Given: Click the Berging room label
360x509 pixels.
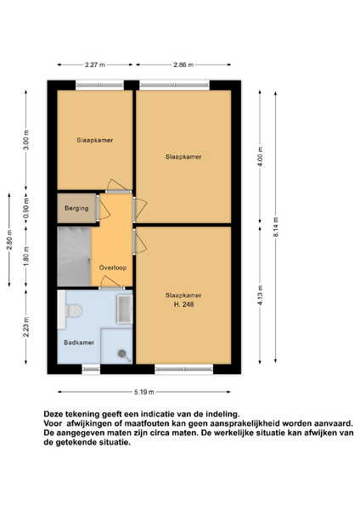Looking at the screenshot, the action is (x=76, y=208).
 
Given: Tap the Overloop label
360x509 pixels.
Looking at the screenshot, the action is (x=113, y=268).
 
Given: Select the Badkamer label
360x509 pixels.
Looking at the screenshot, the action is (x=79, y=343).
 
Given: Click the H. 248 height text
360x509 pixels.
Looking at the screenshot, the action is (x=184, y=305).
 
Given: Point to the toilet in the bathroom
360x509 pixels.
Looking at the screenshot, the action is (x=73, y=311).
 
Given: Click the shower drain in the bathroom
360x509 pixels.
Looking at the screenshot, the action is (x=122, y=353).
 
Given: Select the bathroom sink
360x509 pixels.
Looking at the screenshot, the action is (x=124, y=310).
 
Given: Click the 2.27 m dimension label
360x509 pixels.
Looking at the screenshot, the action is (x=95, y=64).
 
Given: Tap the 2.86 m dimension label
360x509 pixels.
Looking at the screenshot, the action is (x=183, y=64).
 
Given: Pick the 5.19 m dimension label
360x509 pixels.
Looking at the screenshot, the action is (x=144, y=392).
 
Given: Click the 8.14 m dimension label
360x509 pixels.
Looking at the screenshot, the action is (x=276, y=227).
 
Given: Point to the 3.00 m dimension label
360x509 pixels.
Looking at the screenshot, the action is (x=26, y=140).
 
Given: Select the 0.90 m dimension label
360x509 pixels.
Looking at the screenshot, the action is (x=26, y=208).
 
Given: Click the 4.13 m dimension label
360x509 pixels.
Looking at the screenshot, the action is (x=260, y=295).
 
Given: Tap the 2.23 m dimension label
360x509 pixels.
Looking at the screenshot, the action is (x=26, y=327).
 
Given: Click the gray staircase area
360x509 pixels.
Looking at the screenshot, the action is (x=74, y=256).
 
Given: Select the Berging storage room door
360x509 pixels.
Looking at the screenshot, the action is (x=98, y=208).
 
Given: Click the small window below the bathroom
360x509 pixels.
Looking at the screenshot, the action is (x=91, y=369).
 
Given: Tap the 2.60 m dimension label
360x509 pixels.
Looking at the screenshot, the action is (x=9, y=240).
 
